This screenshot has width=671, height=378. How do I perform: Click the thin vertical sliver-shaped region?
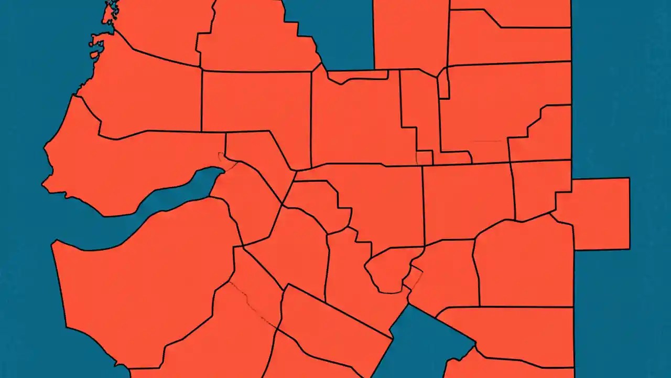[443, 84]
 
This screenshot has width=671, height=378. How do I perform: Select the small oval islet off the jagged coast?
[94, 54]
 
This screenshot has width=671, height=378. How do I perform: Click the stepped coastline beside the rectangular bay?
[301, 31]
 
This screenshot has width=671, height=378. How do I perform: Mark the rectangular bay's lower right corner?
[373, 69]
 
